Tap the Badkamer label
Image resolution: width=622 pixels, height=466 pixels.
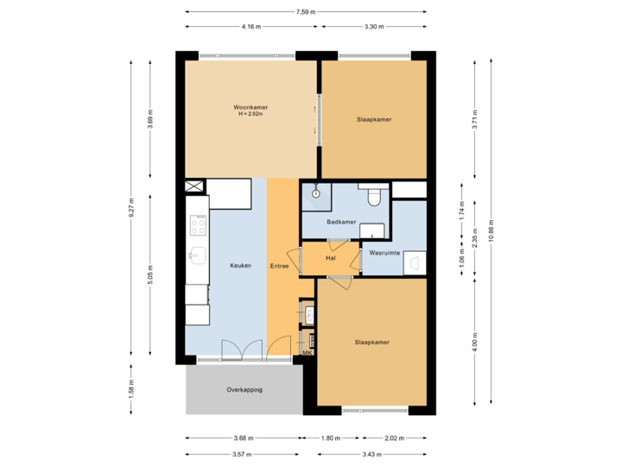pyautogui.click(x=342, y=222)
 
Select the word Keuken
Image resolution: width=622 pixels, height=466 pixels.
pyautogui.click(x=240, y=266)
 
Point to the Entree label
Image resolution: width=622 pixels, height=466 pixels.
pyautogui.click(x=279, y=266)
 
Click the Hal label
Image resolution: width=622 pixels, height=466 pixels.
pyautogui.click(x=330, y=258)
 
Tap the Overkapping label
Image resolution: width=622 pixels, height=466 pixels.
pyautogui.click(x=244, y=390)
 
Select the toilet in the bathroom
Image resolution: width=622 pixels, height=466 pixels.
pyautogui.click(x=374, y=198)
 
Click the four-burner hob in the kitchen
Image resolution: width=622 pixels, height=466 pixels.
pyautogui.click(x=198, y=226)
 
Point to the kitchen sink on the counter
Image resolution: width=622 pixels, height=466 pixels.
pyautogui.click(x=197, y=256)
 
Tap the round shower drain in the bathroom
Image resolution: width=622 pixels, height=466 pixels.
pyautogui.click(x=317, y=193)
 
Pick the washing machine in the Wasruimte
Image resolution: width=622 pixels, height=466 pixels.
pyautogui.click(x=415, y=261)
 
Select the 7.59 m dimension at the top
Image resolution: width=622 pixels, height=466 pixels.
pyautogui.click(x=305, y=12)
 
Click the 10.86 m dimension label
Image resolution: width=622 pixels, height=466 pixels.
pyautogui.click(x=491, y=231)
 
